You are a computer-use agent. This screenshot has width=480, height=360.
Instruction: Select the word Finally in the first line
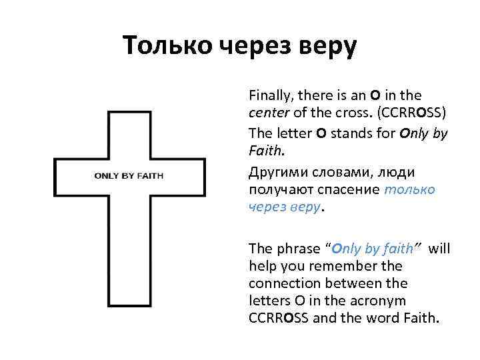pos(269,95)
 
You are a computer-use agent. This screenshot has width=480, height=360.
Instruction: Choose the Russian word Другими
pos(275,172)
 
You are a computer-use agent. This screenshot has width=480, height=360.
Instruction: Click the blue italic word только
pos(410,190)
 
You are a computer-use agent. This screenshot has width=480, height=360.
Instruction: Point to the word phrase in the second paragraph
pos(294,249)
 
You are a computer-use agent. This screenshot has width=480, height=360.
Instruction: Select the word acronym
pos(396,300)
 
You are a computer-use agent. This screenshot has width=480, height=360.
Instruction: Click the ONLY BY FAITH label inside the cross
pos(129,176)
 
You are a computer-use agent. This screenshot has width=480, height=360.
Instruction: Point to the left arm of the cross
pos(73,176)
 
